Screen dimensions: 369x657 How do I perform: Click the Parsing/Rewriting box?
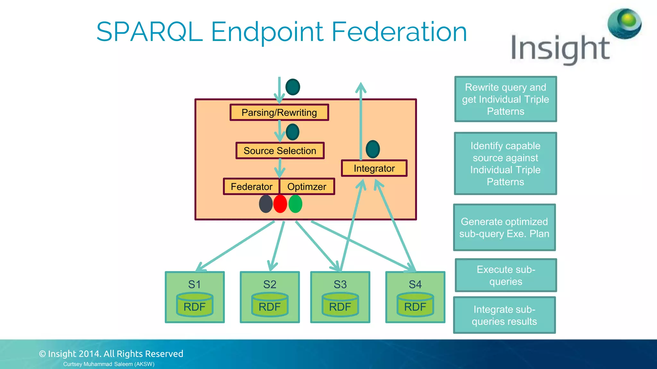(279, 112)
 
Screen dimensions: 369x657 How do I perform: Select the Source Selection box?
(280, 151)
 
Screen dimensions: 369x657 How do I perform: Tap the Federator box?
(251, 186)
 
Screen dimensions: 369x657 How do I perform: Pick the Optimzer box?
(307, 186)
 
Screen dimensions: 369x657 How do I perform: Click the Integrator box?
(374, 168)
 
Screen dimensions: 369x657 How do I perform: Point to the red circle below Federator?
(280, 204)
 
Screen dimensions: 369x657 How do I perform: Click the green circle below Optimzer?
(295, 204)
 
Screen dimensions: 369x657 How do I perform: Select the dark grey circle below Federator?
(266, 204)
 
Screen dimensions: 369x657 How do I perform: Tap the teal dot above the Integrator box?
(373, 149)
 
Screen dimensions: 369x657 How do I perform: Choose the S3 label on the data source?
(340, 284)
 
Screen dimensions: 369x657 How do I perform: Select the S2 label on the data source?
(269, 284)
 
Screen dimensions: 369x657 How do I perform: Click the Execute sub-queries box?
(506, 275)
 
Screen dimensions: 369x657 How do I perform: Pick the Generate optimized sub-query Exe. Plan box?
(504, 227)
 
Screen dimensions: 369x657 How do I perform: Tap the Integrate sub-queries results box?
(504, 315)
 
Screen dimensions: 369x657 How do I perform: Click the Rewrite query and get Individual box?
(506, 99)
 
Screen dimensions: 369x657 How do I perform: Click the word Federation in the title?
(399, 32)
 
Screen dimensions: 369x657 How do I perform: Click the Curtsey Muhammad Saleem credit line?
(109, 364)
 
